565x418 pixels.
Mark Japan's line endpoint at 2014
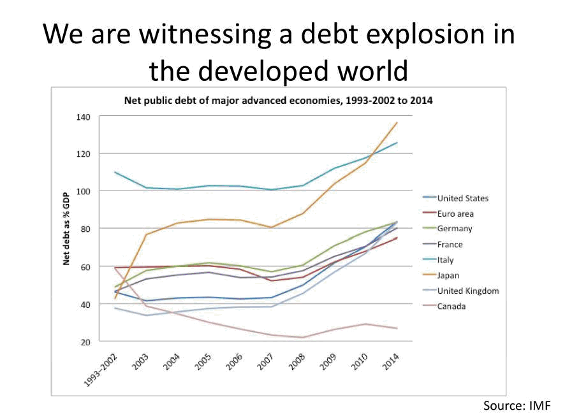point(397,122)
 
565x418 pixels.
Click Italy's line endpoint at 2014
point(397,143)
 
